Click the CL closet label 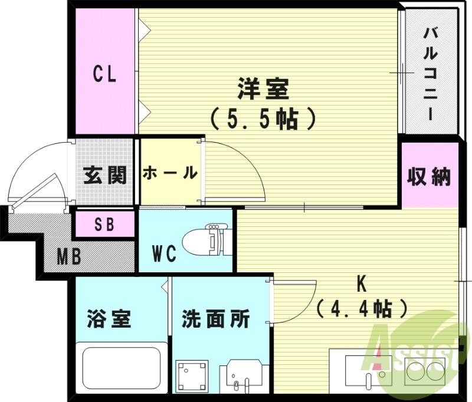point(104,74)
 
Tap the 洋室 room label point(263,90)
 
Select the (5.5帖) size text point(263,119)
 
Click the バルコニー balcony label point(431,73)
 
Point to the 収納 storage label point(430,177)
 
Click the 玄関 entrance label point(105,175)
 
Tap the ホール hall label point(170,173)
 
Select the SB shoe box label point(105,225)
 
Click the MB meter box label point(70,256)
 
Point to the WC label point(165,254)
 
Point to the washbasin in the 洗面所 point(242,374)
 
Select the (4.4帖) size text point(362,307)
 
